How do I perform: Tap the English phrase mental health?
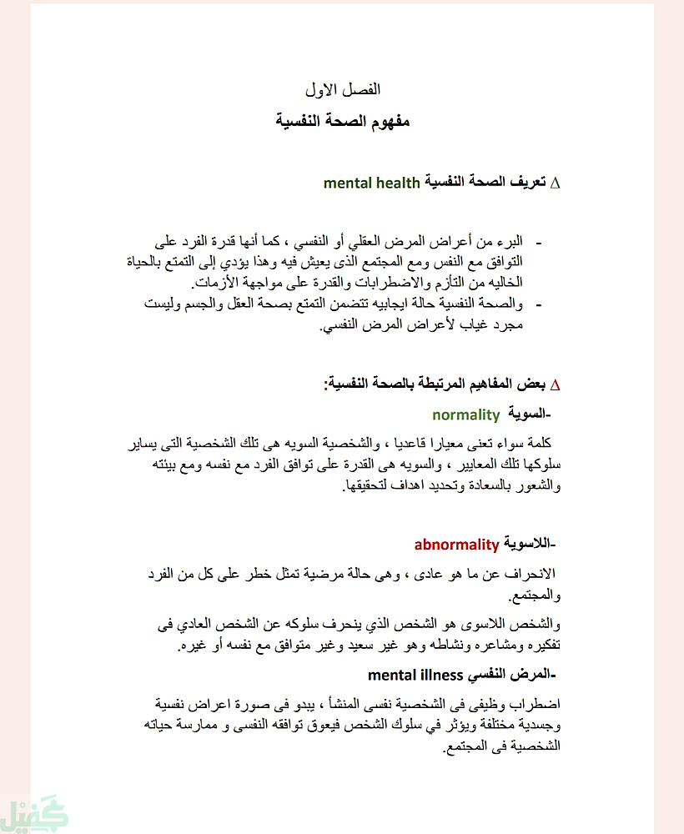pyautogui.click(x=371, y=182)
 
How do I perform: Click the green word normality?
pyautogui.click(x=465, y=414)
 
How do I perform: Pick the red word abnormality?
pyautogui.click(x=456, y=545)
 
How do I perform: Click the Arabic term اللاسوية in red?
pyautogui.click(x=529, y=545)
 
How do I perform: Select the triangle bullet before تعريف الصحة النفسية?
pyautogui.click(x=556, y=183)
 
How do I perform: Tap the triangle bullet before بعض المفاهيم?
pyautogui.click(x=556, y=385)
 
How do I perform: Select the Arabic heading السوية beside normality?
pyautogui.click(x=531, y=414)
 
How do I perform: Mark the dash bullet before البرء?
pyautogui.click(x=538, y=243)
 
